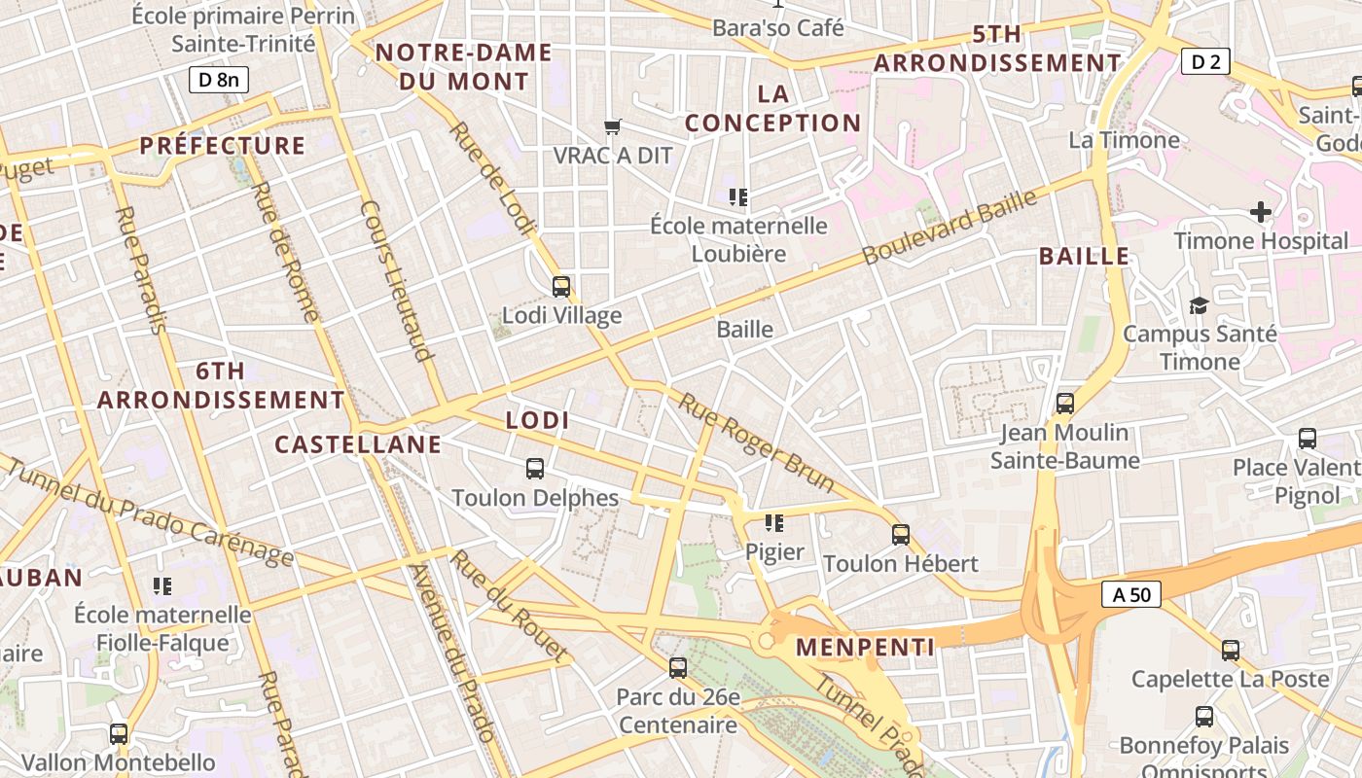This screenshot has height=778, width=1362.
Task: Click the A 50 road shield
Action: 1131,594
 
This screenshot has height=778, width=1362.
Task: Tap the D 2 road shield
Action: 1205,62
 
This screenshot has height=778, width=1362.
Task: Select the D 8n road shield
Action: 218,79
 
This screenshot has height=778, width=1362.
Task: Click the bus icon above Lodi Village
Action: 561,286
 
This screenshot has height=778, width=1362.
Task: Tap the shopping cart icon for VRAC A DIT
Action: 613,126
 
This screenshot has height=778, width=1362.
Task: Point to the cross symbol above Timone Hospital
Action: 1261,212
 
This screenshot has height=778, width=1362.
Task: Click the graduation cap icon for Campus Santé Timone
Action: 1199,305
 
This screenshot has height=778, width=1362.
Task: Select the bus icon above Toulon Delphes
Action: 535,469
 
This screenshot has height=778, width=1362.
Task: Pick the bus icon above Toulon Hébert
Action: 901,534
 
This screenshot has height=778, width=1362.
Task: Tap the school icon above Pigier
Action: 774,523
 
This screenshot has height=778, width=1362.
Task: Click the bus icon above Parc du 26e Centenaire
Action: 678,668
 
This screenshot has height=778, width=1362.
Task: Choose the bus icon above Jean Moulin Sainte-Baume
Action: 1065,403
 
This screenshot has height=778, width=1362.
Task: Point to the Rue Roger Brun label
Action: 757,442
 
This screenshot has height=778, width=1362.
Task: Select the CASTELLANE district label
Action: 358,444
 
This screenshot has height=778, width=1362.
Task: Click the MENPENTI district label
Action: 865,647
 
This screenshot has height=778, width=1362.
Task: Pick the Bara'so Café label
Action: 778,28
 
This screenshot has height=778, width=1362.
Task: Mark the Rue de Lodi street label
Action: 492,179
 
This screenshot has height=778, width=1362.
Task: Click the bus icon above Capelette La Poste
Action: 1231,650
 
